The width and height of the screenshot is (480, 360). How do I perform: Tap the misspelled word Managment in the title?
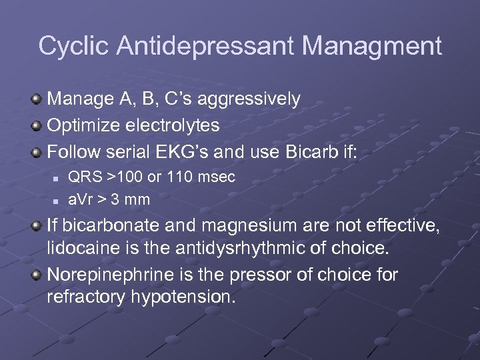click(372, 47)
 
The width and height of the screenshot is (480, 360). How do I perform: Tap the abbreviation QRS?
click(83, 178)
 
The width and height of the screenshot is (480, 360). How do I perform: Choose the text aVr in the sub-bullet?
click(79, 199)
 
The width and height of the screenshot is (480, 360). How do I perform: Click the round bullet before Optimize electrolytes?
click(37, 125)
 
